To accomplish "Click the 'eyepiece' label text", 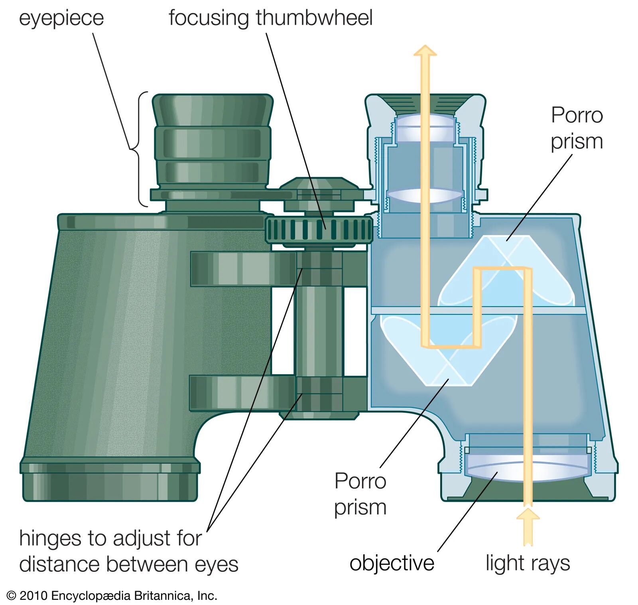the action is (x=61, y=19).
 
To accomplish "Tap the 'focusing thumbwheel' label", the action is (x=270, y=18).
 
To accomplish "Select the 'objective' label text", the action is (x=392, y=563).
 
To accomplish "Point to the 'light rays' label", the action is (x=528, y=563).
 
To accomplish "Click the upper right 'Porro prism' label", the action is (x=577, y=128).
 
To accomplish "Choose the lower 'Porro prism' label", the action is (x=360, y=494).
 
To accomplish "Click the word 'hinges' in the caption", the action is (x=51, y=538).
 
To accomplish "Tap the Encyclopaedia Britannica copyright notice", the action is (x=112, y=596).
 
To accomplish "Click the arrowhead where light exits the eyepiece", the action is (x=425, y=50).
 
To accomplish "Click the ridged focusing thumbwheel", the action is (x=319, y=230).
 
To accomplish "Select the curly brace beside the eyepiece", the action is (x=136, y=149).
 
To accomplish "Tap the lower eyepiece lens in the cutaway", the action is (x=425, y=195).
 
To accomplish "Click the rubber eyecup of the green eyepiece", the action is (x=213, y=110).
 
